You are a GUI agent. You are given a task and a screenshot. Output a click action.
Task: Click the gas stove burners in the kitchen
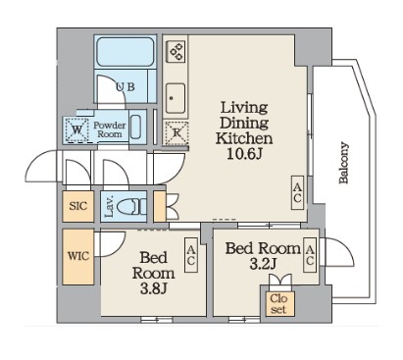click(x=176, y=52)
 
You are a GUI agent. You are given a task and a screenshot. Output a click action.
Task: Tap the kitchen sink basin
click(x=176, y=98)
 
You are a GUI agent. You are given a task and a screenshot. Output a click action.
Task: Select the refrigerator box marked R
click(x=176, y=132)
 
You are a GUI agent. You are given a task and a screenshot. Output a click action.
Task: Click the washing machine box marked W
click(x=77, y=129)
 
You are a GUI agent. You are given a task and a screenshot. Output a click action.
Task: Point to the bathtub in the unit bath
click(x=126, y=52)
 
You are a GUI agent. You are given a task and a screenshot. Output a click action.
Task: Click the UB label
click(x=126, y=87)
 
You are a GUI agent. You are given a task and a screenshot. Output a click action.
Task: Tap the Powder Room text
click(x=110, y=129)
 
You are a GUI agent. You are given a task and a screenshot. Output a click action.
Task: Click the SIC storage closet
click(x=78, y=206)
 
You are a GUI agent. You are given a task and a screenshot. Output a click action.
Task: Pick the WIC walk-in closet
click(x=78, y=256)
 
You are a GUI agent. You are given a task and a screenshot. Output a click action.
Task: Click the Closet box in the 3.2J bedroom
click(x=279, y=304)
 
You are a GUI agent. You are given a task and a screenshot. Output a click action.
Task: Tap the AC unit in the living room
click(x=297, y=192)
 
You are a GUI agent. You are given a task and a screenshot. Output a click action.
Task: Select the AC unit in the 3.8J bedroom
click(x=191, y=255)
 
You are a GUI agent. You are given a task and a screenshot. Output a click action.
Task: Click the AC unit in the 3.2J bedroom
click(x=310, y=255)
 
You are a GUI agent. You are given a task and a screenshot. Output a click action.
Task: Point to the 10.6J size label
click(x=244, y=154)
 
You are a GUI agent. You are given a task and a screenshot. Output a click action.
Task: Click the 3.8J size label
click(x=154, y=288)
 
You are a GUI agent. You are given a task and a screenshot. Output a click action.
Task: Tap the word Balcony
click(x=344, y=163)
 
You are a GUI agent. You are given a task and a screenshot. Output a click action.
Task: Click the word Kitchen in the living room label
click(x=244, y=138)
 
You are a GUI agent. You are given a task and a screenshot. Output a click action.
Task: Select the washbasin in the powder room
click(x=135, y=128)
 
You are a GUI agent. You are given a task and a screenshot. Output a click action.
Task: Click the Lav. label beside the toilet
click(x=109, y=206)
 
